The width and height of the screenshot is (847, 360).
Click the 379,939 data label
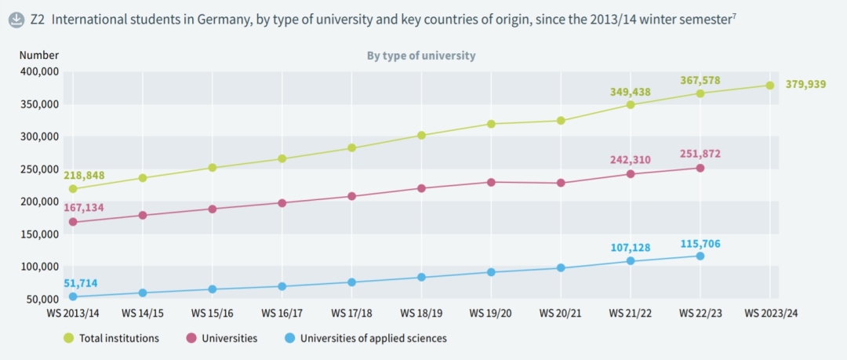805,84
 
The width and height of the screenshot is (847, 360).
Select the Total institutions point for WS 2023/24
769,85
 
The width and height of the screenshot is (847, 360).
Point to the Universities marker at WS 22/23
700,168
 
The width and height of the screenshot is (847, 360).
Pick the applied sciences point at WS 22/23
700,256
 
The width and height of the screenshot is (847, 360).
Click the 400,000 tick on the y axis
39,71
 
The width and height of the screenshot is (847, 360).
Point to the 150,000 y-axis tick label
39,234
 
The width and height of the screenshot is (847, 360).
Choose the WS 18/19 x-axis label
421,313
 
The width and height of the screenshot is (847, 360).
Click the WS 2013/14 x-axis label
73,313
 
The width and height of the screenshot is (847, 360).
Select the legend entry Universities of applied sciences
373,338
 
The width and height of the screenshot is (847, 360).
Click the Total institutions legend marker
69,338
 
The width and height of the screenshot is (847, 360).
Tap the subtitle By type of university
421,56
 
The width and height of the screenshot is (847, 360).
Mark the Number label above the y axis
38,55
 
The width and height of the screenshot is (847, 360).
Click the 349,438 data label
630,92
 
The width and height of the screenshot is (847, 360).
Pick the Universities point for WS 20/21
561,183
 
